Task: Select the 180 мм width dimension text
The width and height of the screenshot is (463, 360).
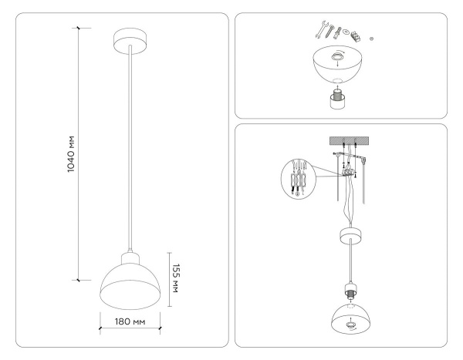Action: pyautogui.click(x=130, y=321)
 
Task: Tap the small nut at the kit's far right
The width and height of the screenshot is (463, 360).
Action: pyautogui.click(x=373, y=38)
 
